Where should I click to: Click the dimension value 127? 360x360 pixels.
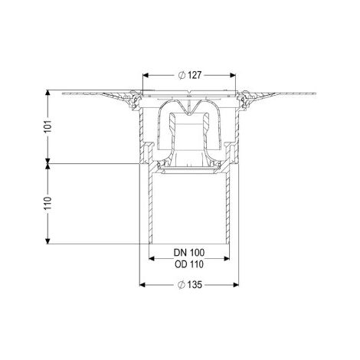click(195, 75)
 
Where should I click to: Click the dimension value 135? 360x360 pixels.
click(195, 285)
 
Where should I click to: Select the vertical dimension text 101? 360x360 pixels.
click(48, 126)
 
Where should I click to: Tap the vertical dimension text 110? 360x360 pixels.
click(48, 203)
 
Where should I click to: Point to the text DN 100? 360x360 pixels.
click(189, 253)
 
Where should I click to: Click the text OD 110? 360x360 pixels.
click(189, 264)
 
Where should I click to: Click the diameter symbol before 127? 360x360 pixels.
click(182, 75)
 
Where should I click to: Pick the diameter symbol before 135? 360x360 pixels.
click(182, 285)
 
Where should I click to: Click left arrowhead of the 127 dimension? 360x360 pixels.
click(146, 75)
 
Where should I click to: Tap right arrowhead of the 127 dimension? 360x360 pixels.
click(233, 75)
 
